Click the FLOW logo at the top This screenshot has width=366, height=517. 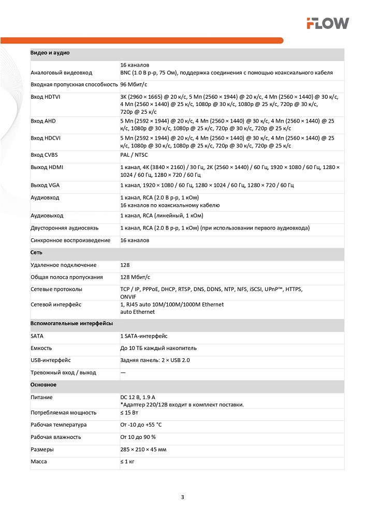point(327,23)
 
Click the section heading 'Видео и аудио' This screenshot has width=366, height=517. point(50,53)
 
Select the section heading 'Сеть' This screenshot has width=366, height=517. point(36,253)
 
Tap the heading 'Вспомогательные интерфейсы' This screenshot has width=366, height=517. point(71,323)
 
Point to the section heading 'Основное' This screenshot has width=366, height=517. point(43,385)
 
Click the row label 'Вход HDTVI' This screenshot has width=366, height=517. point(46,97)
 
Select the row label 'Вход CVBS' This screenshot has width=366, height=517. point(45,155)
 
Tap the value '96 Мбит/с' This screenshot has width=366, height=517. point(134,84)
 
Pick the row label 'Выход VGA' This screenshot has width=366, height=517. point(46,185)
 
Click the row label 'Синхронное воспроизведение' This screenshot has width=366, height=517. point(70,240)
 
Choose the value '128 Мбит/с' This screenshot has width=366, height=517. point(135,278)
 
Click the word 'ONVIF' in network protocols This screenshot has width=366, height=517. point(129,297)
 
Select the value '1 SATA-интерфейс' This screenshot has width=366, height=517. point(144,336)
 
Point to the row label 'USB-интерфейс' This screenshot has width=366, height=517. point(51,360)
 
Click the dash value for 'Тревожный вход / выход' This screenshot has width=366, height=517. point(123,373)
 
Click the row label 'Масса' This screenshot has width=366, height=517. point(39,462)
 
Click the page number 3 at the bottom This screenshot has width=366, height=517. point(182,498)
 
